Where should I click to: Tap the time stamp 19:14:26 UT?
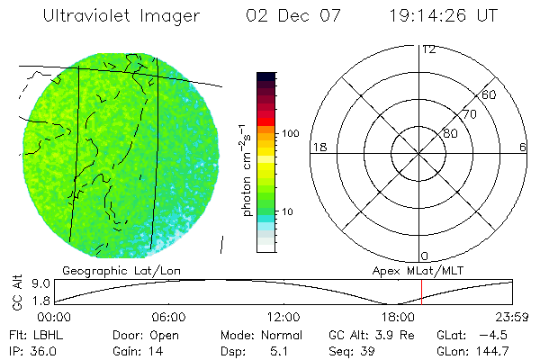(x=447, y=16)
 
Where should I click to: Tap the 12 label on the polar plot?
(x=428, y=49)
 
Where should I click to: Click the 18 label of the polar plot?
(x=318, y=147)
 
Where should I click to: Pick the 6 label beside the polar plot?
(x=523, y=147)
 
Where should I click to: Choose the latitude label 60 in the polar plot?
(x=490, y=94)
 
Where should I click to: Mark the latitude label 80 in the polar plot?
(x=449, y=133)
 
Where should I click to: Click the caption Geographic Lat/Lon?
(x=103, y=270)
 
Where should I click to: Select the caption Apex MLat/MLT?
(x=416, y=270)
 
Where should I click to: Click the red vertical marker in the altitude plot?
(x=421, y=292)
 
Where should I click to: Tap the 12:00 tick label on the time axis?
(x=284, y=317)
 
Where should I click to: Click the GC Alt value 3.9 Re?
(x=395, y=335)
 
